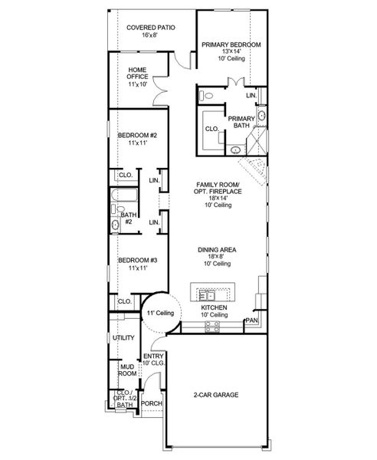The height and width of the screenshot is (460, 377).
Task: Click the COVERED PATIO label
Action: [x=151, y=27]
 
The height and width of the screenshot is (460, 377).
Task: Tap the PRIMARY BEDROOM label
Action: [x=231, y=44]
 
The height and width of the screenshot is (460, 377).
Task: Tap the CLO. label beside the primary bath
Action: [x=213, y=128]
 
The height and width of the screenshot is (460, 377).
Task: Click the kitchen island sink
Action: [x=208, y=294]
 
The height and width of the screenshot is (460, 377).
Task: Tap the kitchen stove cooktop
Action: [x=212, y=325]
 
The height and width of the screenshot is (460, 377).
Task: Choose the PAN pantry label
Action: [x=251, y=320]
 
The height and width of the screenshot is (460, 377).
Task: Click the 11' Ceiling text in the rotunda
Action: [x=161, y=313]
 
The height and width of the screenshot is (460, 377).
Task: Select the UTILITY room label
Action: [x=123, y=337]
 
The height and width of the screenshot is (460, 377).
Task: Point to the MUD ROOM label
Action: [x=126, y=371]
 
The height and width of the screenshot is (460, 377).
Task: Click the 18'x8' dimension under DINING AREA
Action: [x=218, y=256]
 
